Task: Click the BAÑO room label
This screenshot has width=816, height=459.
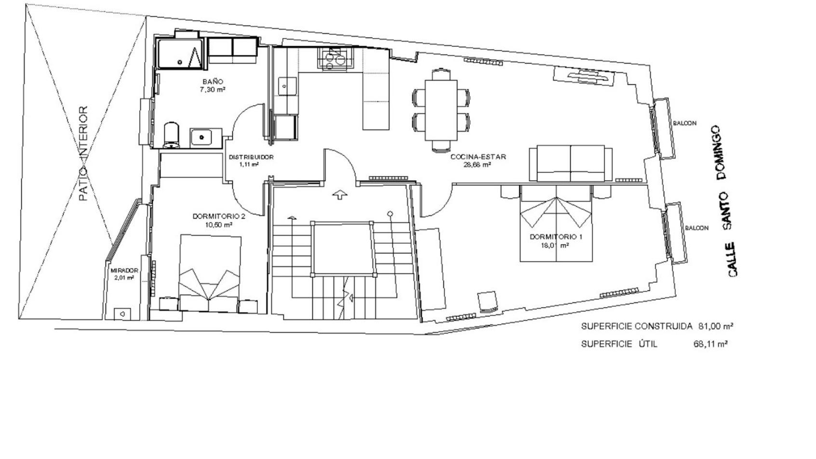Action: point(213,81)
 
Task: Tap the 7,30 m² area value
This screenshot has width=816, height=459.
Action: point(213,89)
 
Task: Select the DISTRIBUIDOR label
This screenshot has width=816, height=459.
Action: point(251,157)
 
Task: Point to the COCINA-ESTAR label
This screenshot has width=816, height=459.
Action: point(478,157)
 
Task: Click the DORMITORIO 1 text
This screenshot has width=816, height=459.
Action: point(556,237)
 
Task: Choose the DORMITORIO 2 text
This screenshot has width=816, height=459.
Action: point(219,217)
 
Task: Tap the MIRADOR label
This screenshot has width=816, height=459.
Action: point(124,271)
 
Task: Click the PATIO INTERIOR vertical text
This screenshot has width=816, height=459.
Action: point(83,153)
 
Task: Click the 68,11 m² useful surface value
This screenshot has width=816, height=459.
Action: point(710,344)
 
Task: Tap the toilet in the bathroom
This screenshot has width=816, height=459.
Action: point(171,135)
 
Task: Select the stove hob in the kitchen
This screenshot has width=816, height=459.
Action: point(337,58)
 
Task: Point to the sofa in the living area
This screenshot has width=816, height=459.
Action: point(571,163)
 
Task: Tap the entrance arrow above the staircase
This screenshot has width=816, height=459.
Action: point(339,195)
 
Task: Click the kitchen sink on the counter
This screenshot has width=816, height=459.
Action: point(287,86)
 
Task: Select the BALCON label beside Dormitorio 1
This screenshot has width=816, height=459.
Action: point(696,228)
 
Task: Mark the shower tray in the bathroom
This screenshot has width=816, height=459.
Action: point(180,54)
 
